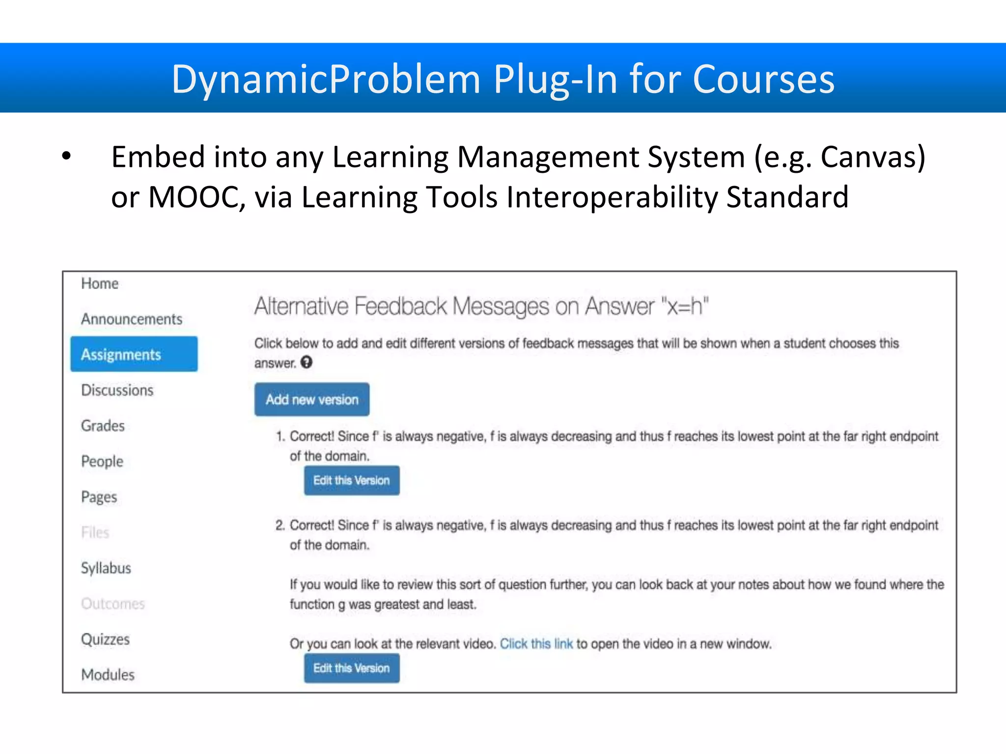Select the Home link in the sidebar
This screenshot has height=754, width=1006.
100,283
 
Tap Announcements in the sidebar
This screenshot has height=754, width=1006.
132,319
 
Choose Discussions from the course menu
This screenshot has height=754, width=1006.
117,390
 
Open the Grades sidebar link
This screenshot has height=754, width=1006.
103,426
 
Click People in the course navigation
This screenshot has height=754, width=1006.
102,461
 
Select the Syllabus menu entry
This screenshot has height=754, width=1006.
106,568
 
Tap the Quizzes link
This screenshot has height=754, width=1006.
106,639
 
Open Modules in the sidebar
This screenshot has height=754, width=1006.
108,674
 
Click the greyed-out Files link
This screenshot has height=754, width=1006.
95,533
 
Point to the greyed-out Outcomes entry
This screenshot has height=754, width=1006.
113,603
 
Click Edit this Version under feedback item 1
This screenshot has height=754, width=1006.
352,480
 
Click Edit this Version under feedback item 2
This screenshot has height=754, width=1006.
352,668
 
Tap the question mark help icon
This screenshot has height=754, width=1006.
307,362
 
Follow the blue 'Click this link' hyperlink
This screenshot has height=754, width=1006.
536,644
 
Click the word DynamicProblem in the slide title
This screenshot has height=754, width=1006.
326,80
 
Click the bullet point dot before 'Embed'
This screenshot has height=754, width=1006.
67,157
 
